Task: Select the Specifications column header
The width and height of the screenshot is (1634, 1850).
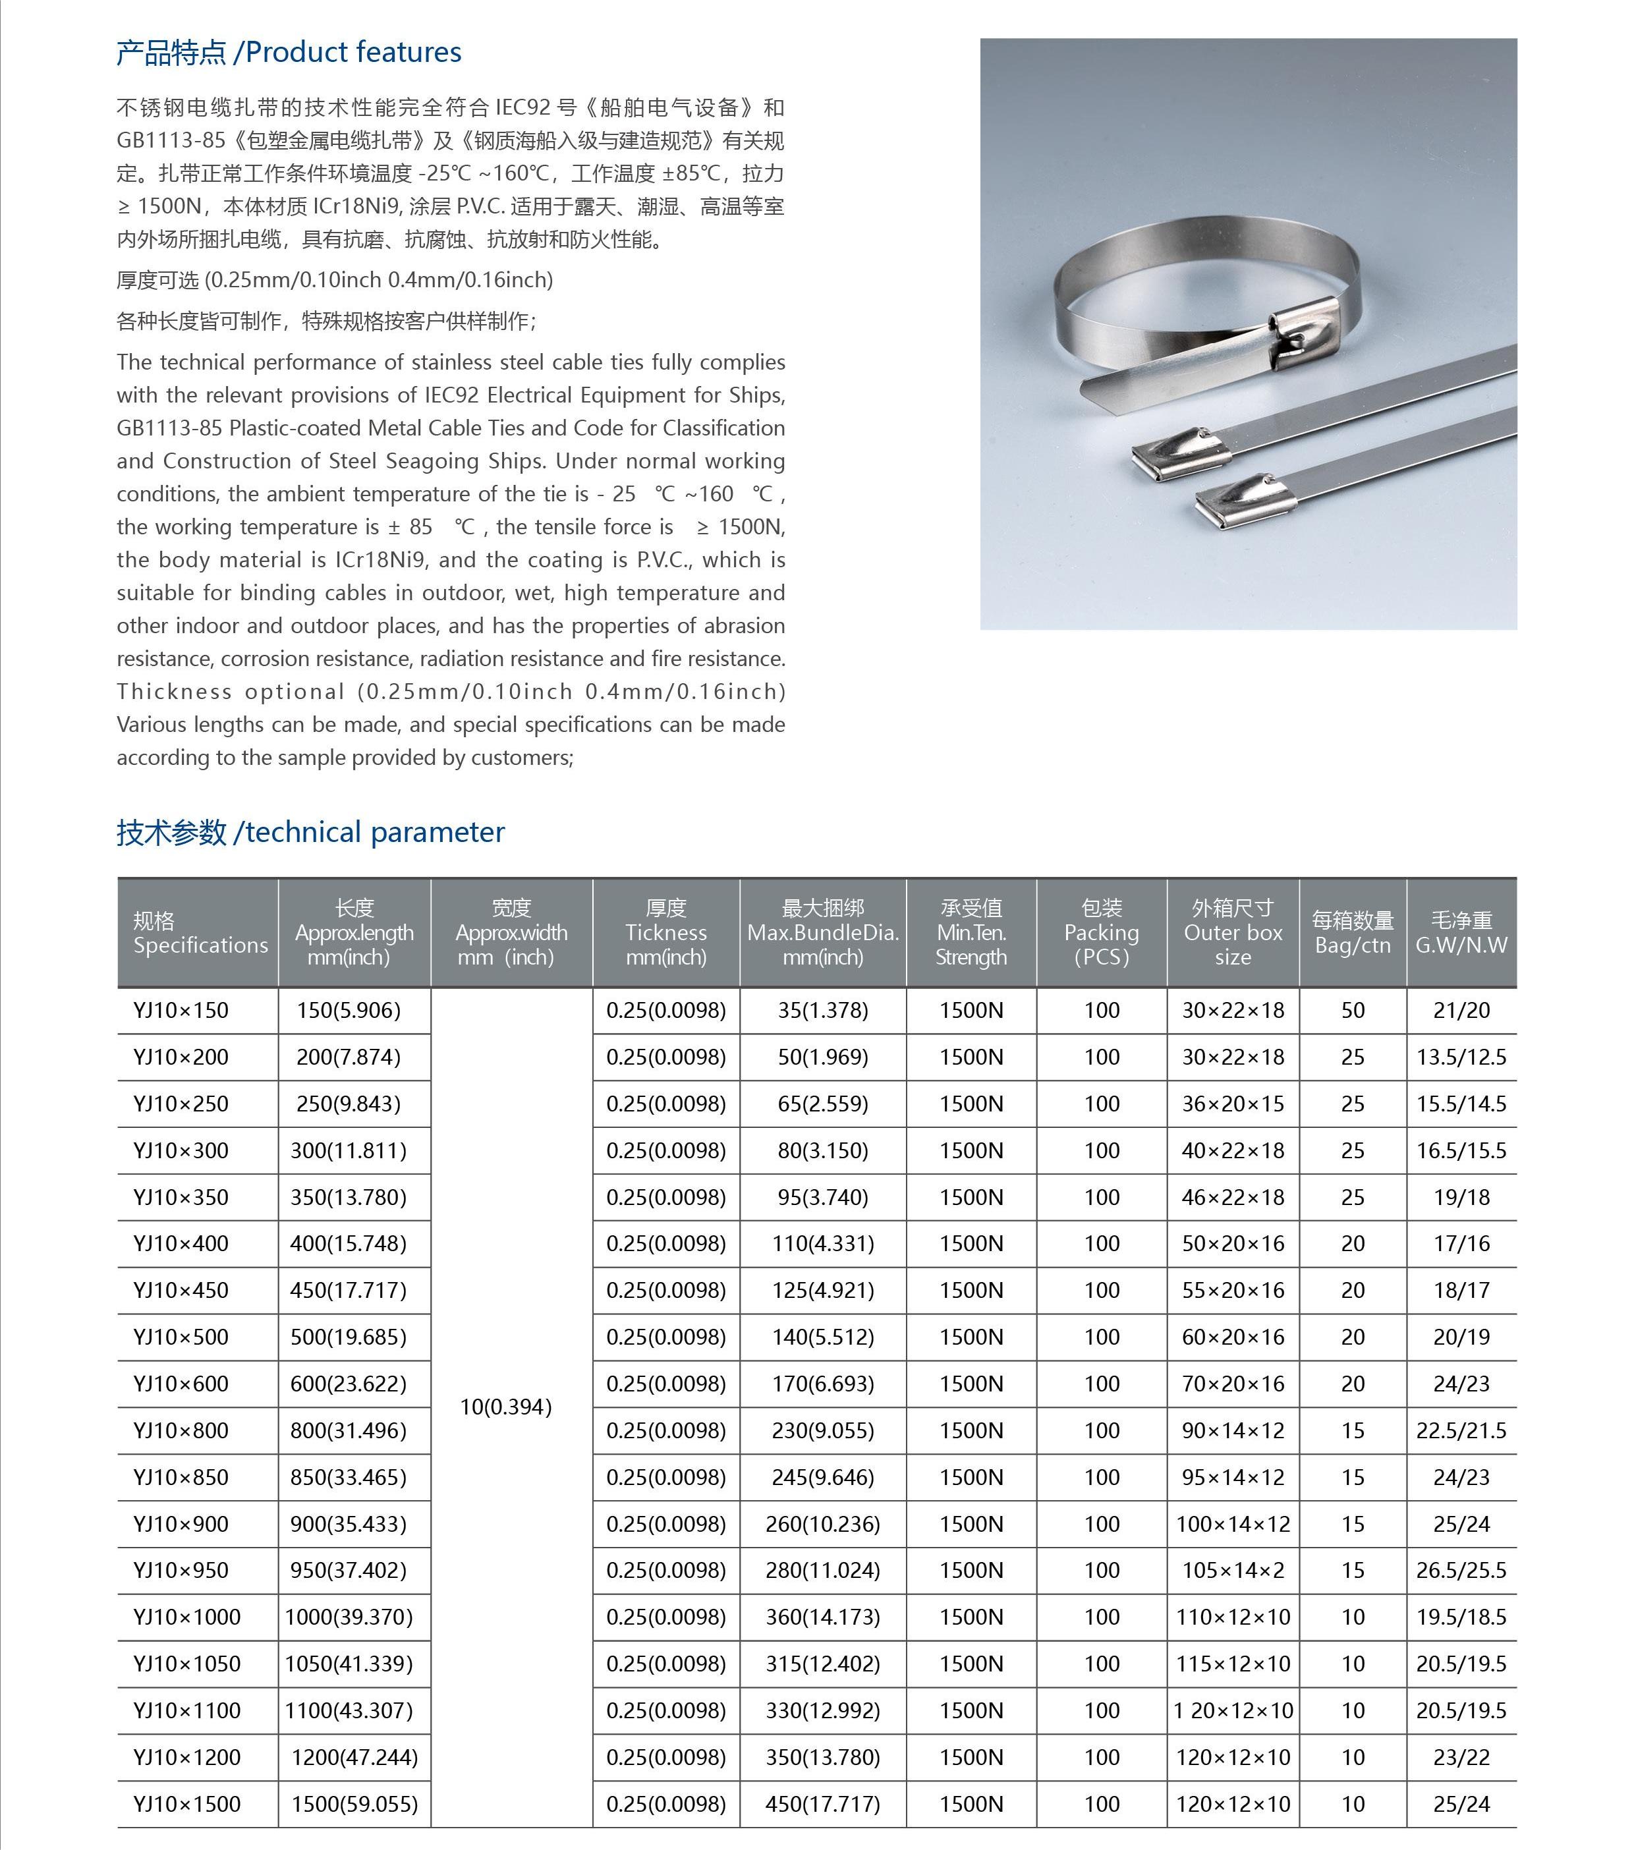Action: coord(200,933)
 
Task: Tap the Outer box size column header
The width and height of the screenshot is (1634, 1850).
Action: coord(1232,933)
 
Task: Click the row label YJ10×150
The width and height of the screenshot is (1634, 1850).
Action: coord(181,1010)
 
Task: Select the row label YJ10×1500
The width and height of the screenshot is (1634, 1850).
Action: coord(186,1804)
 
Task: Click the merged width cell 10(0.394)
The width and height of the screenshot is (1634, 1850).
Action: coord(505,1407)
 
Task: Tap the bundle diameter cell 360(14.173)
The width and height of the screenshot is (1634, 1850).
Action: coord(822,1617)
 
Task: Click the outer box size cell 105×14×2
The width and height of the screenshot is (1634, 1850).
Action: coord(1232,1571)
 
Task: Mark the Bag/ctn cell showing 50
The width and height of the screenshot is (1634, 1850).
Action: coord(1353,1010)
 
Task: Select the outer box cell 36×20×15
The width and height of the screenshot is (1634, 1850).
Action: coord(1232,1104)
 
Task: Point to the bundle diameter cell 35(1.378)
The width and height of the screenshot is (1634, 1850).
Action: coord(822,1010)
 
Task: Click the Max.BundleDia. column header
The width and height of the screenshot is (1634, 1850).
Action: coord(822,933)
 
